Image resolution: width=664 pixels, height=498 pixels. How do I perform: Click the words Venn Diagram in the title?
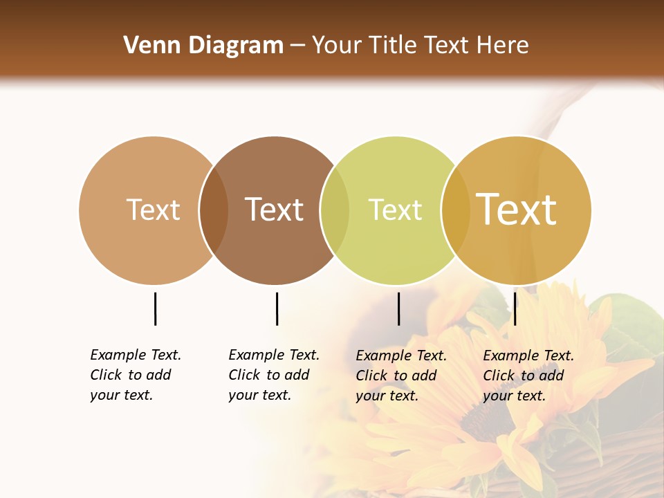click(203, 46)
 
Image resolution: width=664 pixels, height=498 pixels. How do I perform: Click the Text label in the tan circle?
click(153, 210)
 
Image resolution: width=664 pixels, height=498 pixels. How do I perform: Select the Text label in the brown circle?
click(275, 210)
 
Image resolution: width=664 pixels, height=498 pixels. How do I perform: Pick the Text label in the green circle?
click(395, 210)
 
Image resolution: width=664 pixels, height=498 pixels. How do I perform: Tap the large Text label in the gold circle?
click(517, 209)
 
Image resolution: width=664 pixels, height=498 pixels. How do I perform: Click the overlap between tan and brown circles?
click(214, 210)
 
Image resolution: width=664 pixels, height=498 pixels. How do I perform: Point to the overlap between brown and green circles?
click(335, 210)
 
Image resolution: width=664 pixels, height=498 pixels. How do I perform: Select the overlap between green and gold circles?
click(455, 210)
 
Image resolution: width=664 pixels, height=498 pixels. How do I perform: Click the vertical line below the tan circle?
click(155, 308)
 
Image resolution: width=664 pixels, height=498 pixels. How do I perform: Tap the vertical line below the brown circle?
click(277, 308)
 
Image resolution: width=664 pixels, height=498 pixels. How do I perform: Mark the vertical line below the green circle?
click(398, 308)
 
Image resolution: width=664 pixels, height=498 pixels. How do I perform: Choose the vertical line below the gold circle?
click(515, 308)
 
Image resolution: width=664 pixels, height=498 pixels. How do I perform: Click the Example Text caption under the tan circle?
click(136, 375)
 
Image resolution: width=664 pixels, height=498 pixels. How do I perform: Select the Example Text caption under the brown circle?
click(274, 375)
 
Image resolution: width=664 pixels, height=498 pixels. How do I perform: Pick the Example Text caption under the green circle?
click(401, 376)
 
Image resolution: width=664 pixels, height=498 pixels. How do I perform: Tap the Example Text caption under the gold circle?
click(528, 376)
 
